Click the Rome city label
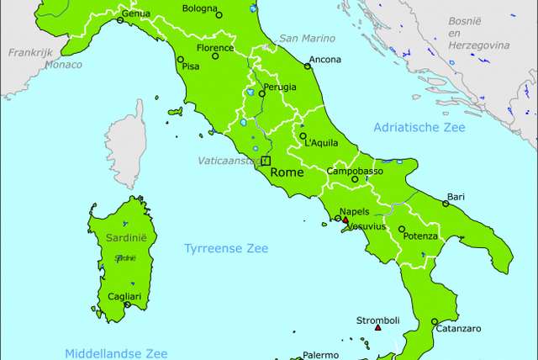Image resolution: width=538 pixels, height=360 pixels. (286, 172)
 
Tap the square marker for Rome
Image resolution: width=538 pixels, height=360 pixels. (266, 161)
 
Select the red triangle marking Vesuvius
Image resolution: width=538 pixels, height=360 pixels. (345, 220)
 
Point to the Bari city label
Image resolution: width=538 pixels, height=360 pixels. (456, 196)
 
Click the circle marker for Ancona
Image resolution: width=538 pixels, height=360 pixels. (307, 66)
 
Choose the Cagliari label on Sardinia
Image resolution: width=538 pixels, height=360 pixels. (125, 297)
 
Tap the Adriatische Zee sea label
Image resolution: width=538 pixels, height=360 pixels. (418, 127)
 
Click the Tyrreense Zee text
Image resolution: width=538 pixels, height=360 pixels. (226, 248)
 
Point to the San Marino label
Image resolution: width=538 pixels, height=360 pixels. (307, 38)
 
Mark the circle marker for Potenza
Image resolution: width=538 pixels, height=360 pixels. (402, 229)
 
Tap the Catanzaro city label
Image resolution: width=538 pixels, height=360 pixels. (458, 329)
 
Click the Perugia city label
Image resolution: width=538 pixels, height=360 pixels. (279, 87)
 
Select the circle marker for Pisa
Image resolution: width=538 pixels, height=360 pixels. (180, 60)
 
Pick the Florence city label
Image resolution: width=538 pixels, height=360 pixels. (214, 48)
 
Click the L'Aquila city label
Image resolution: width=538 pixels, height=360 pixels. (322, 143)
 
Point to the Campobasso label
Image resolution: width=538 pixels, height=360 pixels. (355, 171)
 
